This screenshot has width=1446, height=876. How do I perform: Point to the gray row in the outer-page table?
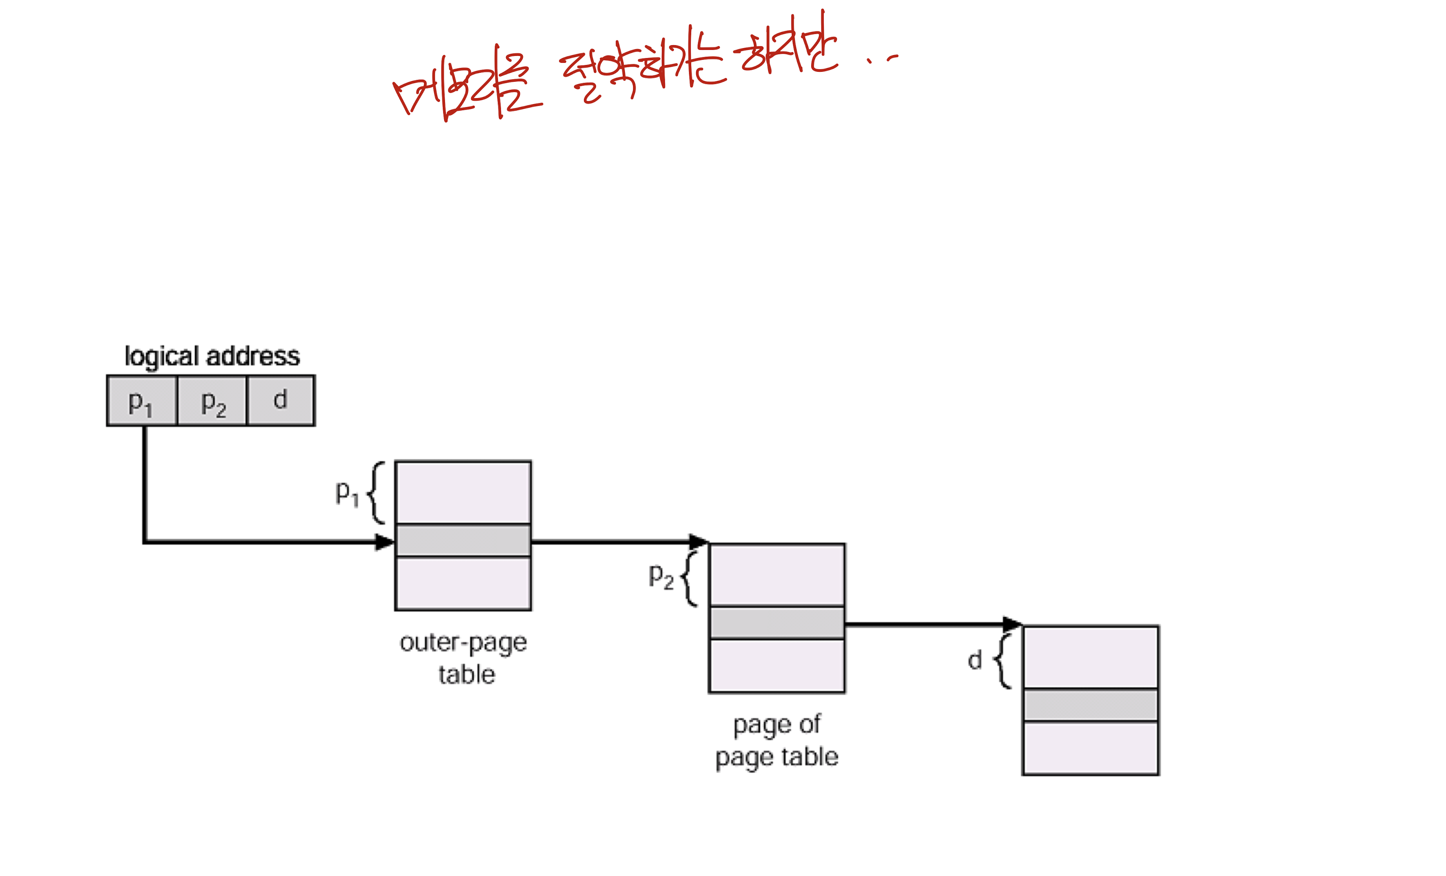tap(463, 540)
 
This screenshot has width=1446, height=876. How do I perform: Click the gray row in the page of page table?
tap(777, 623)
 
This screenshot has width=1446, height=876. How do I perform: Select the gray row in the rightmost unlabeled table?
tap(1091, 705)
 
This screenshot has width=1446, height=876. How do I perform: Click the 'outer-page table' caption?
tap(463, 658)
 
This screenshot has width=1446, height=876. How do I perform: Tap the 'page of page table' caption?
tap(777, 740)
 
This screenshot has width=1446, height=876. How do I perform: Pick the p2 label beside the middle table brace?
tap(661, 576)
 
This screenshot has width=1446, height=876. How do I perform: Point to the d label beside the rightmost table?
tap(975, 660)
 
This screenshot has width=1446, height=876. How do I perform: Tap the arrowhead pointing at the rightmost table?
tap(1012, 624)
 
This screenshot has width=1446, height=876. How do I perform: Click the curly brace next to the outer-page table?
tap(376, 493)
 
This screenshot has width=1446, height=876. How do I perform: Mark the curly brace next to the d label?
tap(1002, 661)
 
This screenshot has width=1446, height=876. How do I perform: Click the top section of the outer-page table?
tap(463, 492)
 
